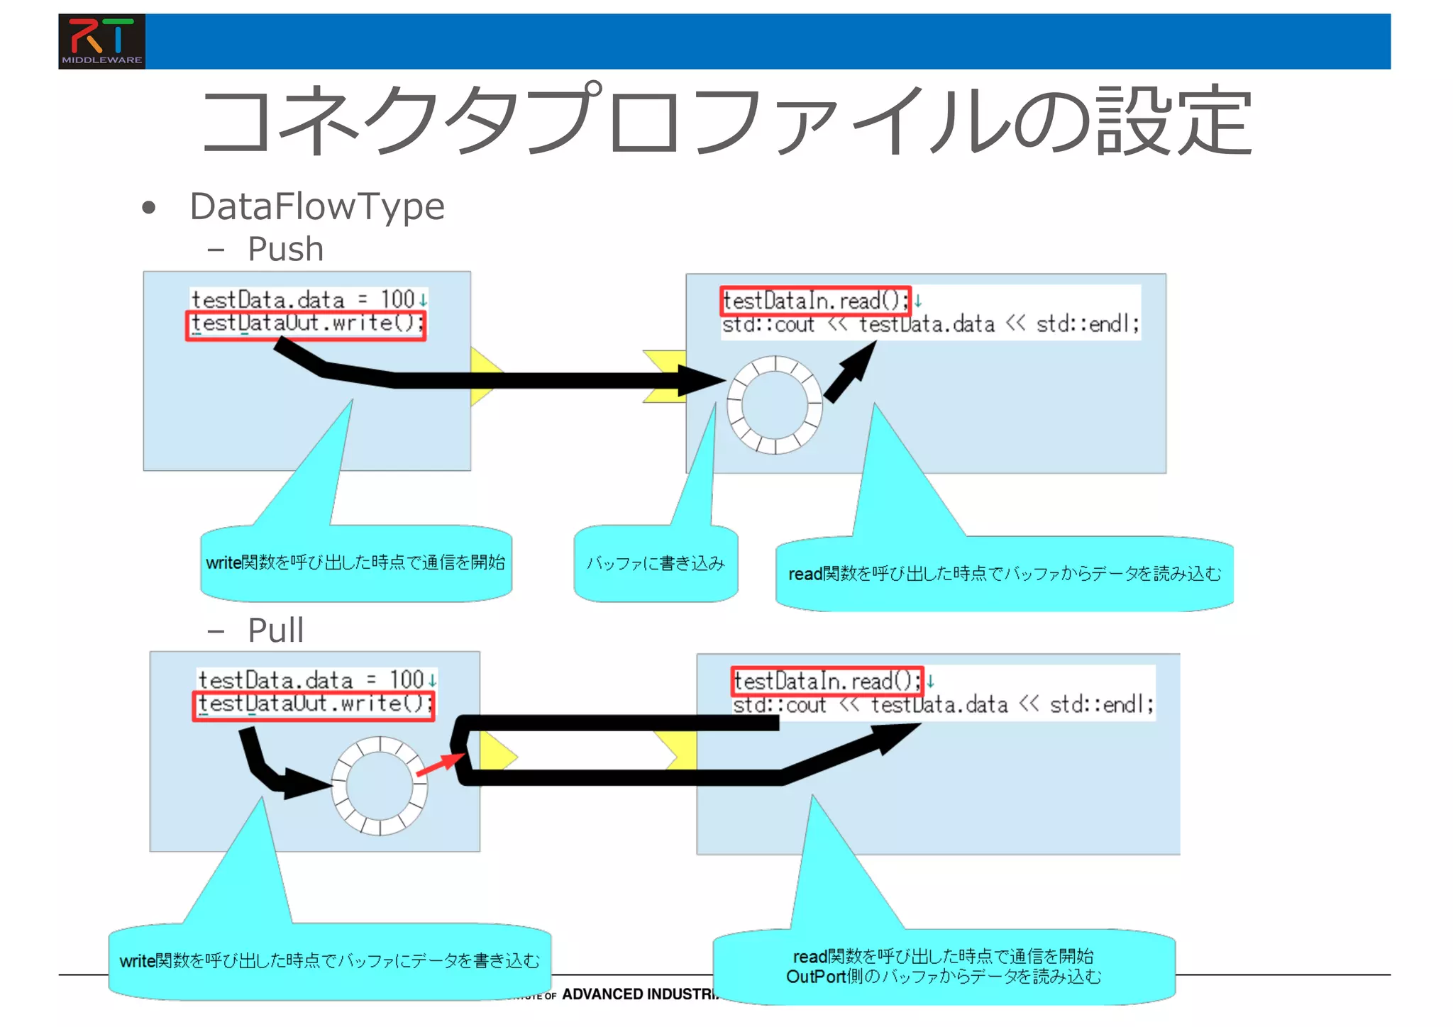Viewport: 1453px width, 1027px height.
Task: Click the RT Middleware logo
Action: tap(101, 41)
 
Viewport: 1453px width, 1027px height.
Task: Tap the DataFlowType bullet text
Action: tap(316, 206)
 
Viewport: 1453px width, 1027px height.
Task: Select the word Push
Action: tap(285, 249)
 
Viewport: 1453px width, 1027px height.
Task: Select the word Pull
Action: tap(275, 630)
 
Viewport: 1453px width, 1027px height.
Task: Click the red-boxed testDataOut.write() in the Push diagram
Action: tap(306, 325)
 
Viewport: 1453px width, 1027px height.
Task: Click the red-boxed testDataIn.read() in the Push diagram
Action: tap(815, 301)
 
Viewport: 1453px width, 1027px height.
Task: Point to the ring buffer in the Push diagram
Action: tap(775, 405)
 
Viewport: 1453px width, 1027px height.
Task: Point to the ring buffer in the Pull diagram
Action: tap(380, 786)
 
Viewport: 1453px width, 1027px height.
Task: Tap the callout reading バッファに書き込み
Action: tap(656, 563)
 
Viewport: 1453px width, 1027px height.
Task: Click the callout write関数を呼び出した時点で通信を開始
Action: tap(355, 563)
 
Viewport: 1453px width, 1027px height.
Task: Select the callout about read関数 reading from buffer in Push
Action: tap(1005, 574)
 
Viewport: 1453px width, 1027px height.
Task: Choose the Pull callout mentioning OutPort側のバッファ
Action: tap(944, 967)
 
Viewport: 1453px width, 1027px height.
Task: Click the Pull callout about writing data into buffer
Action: tap(329, 961)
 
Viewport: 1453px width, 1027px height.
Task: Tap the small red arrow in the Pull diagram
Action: tap(440, 765)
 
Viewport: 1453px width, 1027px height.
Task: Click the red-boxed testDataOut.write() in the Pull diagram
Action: tap(314, 705)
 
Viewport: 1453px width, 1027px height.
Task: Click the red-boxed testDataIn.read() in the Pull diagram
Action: tap(827, 682)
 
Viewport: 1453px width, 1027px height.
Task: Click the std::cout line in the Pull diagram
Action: tap(943, 706)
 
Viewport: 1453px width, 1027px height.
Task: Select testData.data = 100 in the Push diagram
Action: tap(303, 299)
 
